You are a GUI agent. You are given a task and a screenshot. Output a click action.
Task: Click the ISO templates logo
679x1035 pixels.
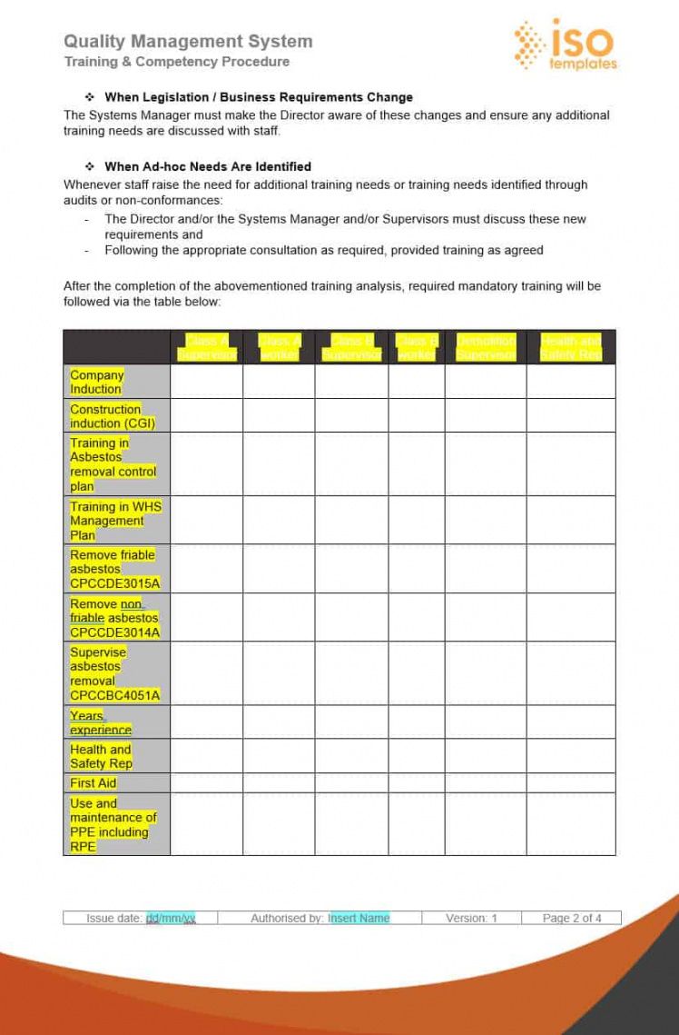[565, 45]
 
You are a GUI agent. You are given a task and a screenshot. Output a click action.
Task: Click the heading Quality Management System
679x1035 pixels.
[188, 41]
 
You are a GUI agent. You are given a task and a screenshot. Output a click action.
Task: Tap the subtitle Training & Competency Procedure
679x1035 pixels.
[177, 62]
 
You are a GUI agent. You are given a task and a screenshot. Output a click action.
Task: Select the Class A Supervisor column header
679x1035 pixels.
[206, 347]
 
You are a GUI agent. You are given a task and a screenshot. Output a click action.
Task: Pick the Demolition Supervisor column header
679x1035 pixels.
[486, 347]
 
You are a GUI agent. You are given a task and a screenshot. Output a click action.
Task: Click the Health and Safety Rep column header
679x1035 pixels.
[570, 347]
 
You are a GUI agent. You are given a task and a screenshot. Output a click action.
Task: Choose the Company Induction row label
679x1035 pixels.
[96, 382]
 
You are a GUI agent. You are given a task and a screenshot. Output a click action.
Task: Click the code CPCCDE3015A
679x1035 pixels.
[114, 583]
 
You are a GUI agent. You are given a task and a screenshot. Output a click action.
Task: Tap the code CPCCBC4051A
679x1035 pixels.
[114, 695]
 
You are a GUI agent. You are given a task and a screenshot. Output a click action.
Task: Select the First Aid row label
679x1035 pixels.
[93, 782]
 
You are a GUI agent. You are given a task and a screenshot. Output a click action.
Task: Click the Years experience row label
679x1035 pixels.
[100, 722]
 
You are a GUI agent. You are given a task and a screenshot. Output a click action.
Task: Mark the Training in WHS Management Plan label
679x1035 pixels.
[107, 521]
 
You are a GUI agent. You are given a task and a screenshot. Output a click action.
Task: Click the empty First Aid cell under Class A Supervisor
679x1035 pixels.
[206, 782]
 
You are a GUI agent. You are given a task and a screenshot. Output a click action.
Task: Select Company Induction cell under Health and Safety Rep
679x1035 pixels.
[570, 382]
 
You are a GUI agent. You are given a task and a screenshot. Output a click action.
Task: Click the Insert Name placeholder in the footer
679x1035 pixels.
[359, 918]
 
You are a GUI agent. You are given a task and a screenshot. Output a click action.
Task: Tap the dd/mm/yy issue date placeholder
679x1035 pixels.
[171, 918]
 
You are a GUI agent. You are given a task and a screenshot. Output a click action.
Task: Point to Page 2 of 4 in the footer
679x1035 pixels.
[572, 918]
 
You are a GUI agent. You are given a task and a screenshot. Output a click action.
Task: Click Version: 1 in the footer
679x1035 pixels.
[471, 918]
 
